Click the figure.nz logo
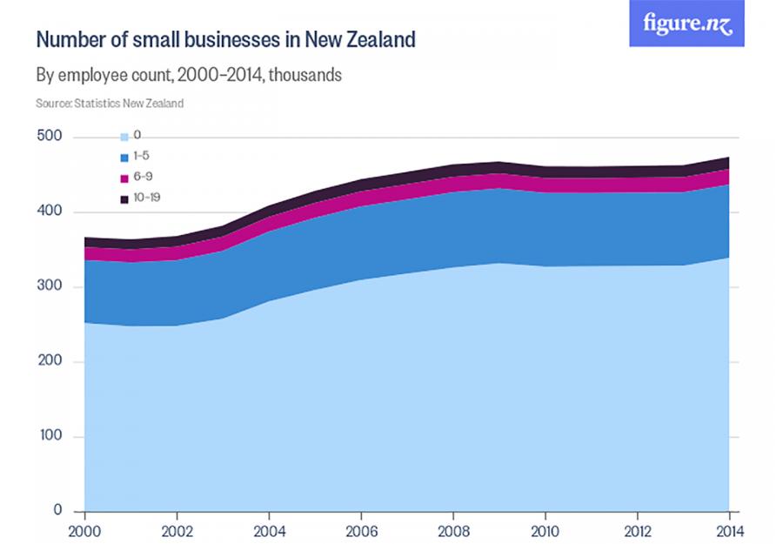point(686,24)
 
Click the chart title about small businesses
point(225,40)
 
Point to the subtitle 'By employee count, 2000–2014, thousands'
point(189,76)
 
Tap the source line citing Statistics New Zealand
point(110,103)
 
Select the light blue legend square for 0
point(124,136)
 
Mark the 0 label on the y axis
point(57,511)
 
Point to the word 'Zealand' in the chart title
point(379,40)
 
